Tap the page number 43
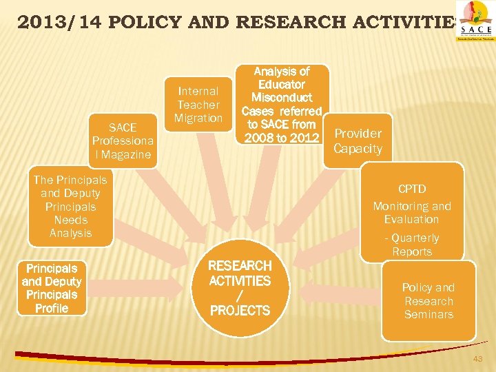pyautogui.click(x=477, y=360)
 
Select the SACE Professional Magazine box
pyautogui.click(x=123, y=141)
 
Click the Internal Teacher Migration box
pyautogui.click(x=198, y=104)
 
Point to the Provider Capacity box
pyautogui.click(x=358, y=141)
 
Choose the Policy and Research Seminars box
pyautogui.click(x=428, y=301)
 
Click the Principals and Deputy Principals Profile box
pyautogui.click(x=52, y=288)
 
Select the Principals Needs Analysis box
pyautogui.click(x=70, y=206)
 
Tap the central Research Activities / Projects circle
pyautogui.click(x=240, y=288)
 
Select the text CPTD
pyautogui.click(x=412, y=189)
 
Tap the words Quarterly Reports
pyautogui.click(x=412, y=245)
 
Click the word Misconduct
pyautogui.click(x=281, y=98)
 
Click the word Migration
pyautogui.click(x=198, y=118)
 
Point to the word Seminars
pyautogui.click(x=428, y=315)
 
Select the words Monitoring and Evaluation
pyautogui.click(x=412, y=212)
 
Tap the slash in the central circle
pyautogui.click(x=240, y=296)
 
